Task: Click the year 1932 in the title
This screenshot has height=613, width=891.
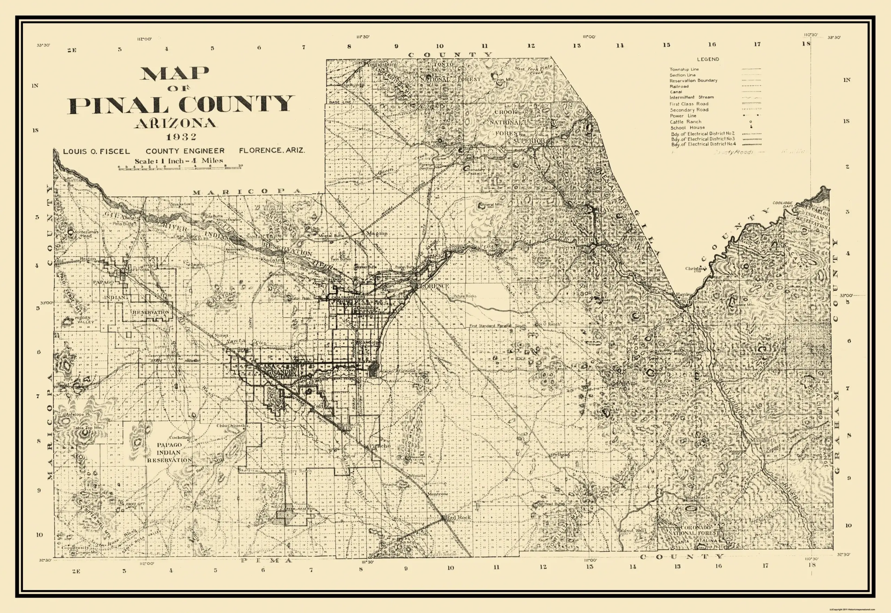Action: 182,137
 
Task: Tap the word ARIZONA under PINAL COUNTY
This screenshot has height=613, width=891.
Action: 175,123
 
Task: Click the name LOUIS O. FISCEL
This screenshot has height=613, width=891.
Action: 96,151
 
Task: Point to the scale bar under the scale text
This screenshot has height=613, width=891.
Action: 180,167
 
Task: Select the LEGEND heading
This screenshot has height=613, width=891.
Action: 708,59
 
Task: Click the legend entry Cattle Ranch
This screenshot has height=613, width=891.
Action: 686,122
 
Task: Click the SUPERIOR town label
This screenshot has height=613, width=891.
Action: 529,141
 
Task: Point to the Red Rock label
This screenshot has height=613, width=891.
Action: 458,517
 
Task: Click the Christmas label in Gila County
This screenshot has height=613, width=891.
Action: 695,268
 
